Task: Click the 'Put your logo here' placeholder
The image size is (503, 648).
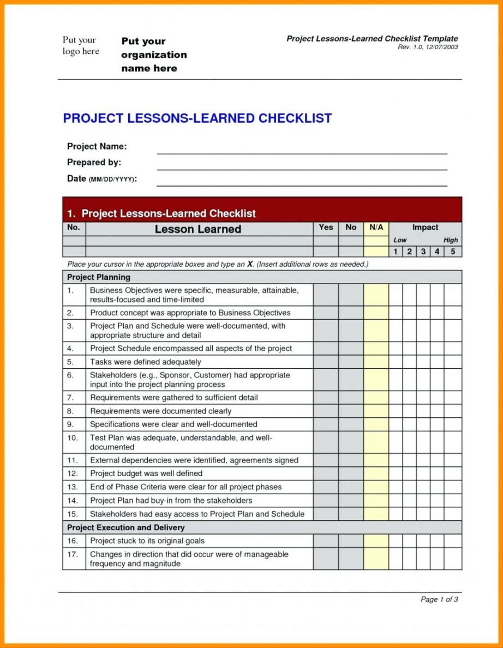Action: tap(81, 46)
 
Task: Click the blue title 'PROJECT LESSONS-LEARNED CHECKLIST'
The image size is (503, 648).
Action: tap(197, 118)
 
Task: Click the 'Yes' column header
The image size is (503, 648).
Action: tap(326, 227)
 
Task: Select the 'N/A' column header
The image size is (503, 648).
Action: tap(376, 227)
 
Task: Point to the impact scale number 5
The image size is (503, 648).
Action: tap(453, 251)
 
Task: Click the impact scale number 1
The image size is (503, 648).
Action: tap(396, 251)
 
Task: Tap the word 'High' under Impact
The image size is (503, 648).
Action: tap(451, 240)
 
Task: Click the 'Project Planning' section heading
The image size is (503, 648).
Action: tap(99, 277)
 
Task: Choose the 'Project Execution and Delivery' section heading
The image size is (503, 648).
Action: tap(125, 527)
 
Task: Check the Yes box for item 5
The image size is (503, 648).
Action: tap(326, 362)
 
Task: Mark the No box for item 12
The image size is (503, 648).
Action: tap(351, 473)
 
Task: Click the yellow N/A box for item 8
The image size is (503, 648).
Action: tap(376, 411)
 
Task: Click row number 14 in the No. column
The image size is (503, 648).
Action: tap(73, 500)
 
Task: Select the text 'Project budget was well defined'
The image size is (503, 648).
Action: tap(146, 473)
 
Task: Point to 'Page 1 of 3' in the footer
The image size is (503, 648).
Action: tap(439, 599)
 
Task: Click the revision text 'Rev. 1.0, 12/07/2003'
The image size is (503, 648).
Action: tap(428, 47)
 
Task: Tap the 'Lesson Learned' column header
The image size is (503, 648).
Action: tap(198, 229)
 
